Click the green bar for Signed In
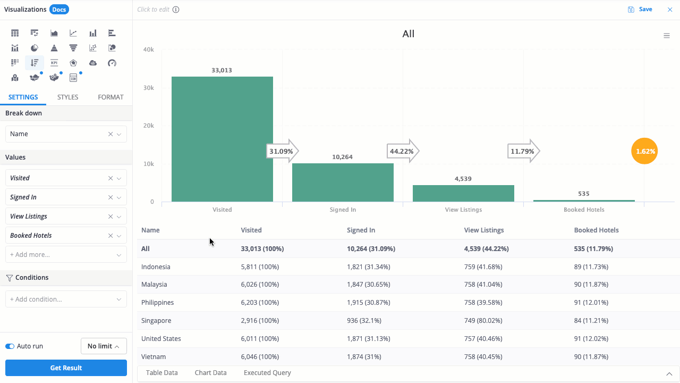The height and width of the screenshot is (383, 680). pyautogui.click(x=343, y=182)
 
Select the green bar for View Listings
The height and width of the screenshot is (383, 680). pyautogui.click(x=463, y=193)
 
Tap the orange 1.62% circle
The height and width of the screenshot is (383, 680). pyautogui.click(x=644, y=151)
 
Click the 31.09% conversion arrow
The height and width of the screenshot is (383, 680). pyautogui.click(x=282, y=151)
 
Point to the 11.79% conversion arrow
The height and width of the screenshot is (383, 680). pyautogui.click(x=524, y=151)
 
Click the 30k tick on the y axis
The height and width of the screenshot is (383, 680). pyautogui.click(x=148, y=88)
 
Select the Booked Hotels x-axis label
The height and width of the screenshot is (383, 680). pyautogui.click(x=584, y=210)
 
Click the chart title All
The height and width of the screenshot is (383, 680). pyautogui.click(x=409, y=34)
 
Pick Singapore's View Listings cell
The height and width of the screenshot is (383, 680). pyautogui.click(x=483, y=321)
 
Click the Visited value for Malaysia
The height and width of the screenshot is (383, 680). pyautogui.click(x=260, y=285)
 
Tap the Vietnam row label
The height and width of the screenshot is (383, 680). pyautogui.click(x=154, y=357)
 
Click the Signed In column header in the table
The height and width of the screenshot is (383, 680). pyautogui.click(x=361, y=230)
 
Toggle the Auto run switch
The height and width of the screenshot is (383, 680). pyautogui.click(x=10, y=346)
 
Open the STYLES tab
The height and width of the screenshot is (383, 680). pyautogui.click(x=67, y=97)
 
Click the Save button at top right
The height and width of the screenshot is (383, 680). pyautogui.click(x=640, y=10)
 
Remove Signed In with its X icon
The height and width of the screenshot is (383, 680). pyautogui.click(x=110, y=197)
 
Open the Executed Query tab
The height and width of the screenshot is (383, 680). pyautogui.click(x=267, y=373)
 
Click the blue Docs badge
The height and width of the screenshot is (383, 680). pyautogui.click(x=59, y=10)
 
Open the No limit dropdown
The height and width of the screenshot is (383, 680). pyautogui.click(x=104, y=346)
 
